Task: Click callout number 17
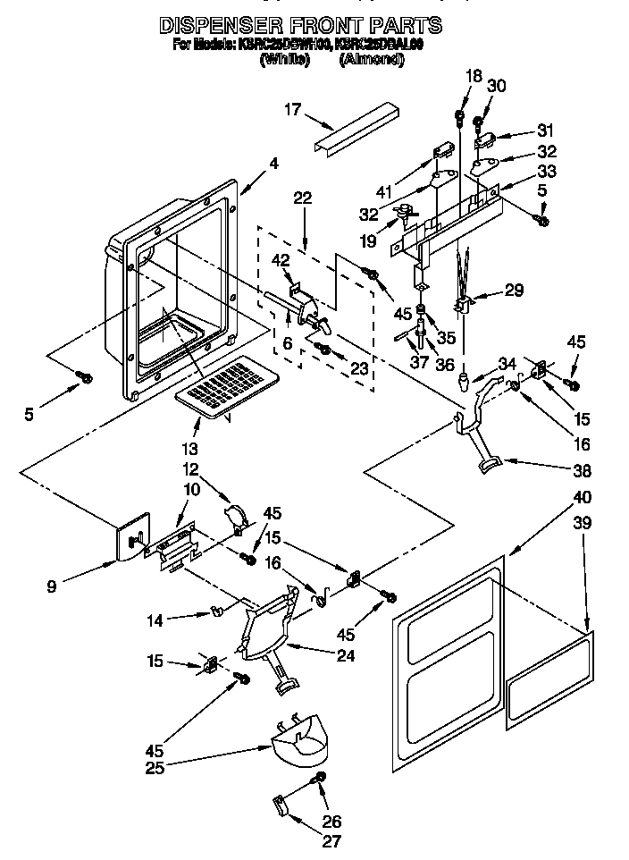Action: [x=291, y=110]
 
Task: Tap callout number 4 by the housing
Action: [x=273, y=164]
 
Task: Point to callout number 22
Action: [x=303, y=198]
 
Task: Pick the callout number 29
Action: [x=514, y=289]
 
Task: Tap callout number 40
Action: [x=583, y=496]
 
